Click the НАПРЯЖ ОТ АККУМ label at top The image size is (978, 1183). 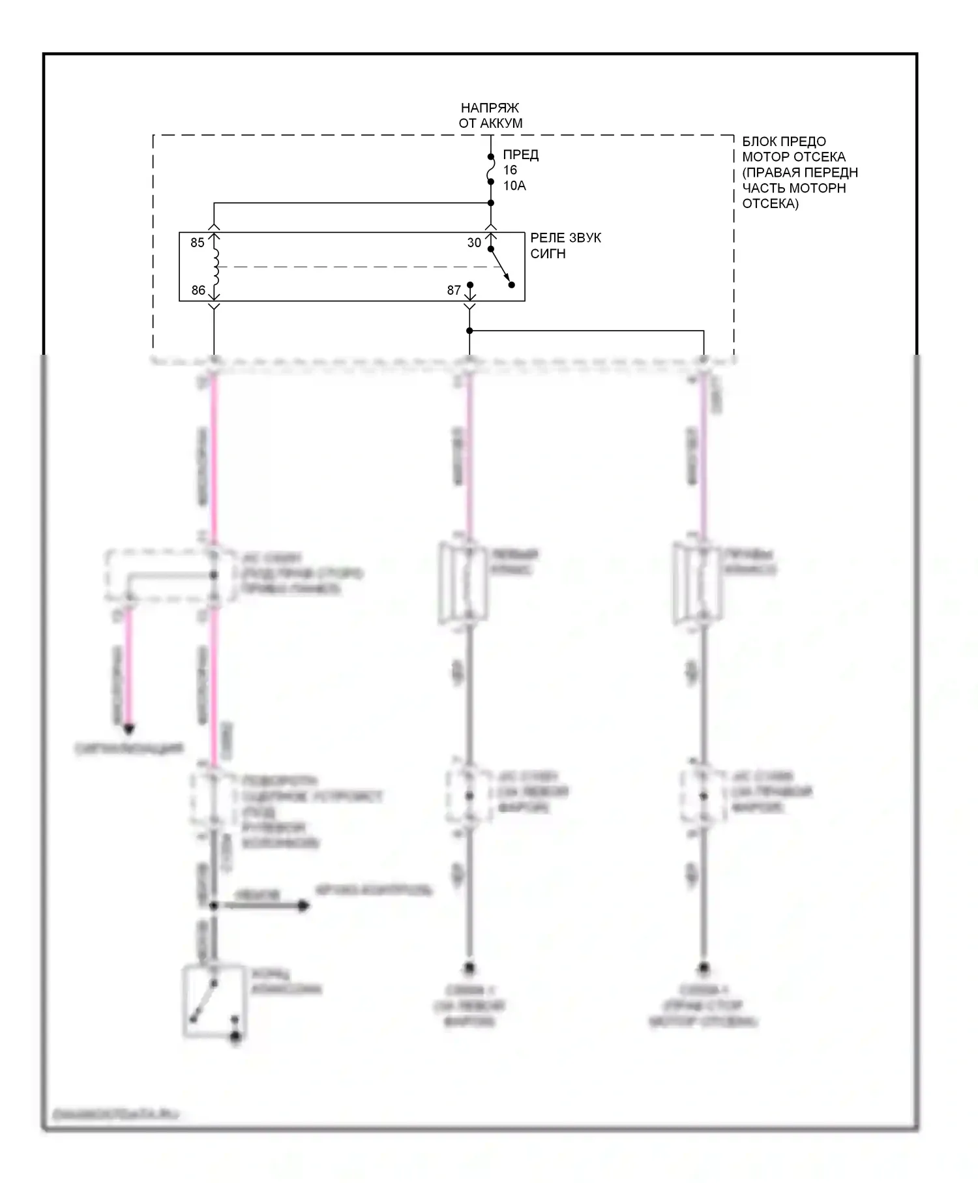(490, 115)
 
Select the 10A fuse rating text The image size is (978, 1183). (514, 186)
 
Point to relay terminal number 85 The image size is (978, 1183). (198, 243)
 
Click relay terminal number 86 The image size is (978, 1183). (198, 290)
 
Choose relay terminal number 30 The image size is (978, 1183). (474, 243)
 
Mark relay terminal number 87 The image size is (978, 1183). (454, 290)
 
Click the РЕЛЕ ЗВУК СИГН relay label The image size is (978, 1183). (565, 245)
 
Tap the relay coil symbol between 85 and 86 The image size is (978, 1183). (215, 266)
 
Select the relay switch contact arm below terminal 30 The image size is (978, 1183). (501, 267)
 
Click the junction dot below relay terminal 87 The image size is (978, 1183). (469, 331)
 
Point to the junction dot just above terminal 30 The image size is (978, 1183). (491, 203)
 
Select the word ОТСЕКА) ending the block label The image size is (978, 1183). (770, 203)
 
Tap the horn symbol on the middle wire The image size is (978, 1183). (464, 582)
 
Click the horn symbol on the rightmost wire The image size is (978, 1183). (697, 582)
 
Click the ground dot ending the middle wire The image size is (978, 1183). (469, 968)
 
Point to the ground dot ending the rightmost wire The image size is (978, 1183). (704, 968)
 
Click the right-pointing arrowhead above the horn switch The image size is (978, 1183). (303, 906)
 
